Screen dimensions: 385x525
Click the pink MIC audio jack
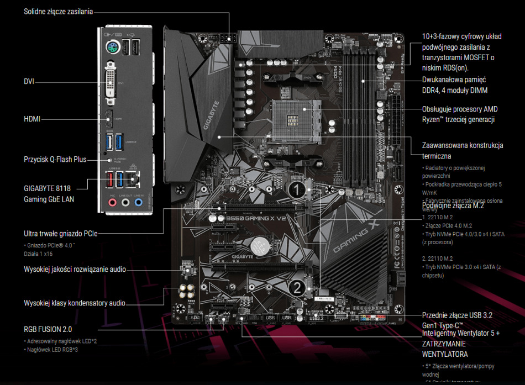(112, 202)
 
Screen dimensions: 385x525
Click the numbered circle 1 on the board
(296, 191)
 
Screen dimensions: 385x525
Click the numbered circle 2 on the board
(296, 287)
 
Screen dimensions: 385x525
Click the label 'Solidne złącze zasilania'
(58, 11)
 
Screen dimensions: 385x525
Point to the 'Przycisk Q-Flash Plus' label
(55, 159)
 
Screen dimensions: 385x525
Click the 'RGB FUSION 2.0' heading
(48, 330)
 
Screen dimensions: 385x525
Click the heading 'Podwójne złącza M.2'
(453, 205)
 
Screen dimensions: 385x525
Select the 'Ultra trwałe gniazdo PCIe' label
(60, 233)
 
